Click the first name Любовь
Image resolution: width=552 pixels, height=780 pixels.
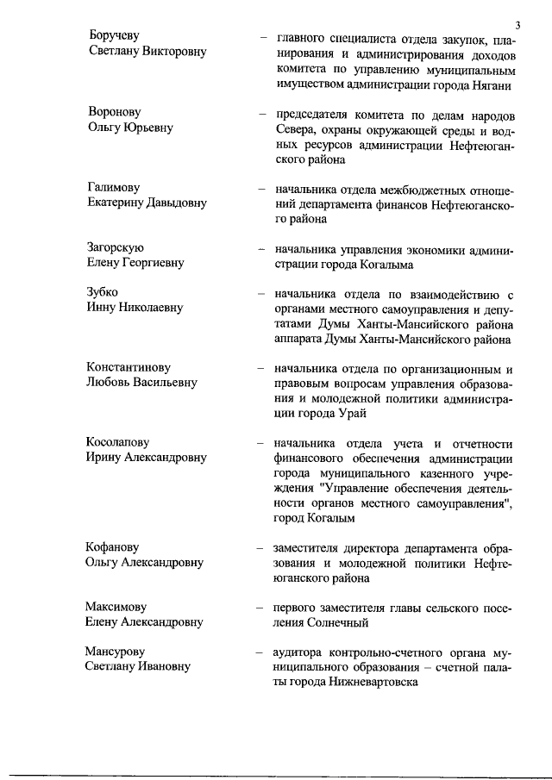click(109, 383)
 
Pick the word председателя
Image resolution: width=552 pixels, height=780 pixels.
click(314, 115)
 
